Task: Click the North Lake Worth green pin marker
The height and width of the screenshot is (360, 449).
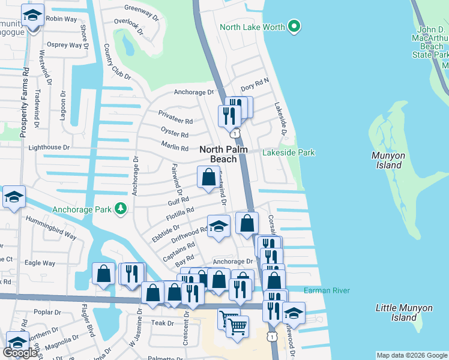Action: point(294,27)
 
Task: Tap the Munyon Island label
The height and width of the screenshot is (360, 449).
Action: point(388,160)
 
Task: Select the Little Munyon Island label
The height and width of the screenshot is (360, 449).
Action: point(403,313)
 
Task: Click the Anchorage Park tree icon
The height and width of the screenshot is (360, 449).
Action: point(122,208)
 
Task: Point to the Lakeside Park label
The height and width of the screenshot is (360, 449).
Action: point(288,152)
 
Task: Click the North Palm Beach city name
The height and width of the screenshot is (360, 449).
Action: point(223,154)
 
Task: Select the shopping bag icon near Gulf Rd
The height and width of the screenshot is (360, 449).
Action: point(208,178)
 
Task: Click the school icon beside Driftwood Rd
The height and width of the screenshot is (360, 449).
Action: point(218,227)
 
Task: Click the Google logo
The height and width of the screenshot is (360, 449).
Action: point(20,353)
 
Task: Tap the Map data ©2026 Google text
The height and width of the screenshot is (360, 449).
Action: point(411,355)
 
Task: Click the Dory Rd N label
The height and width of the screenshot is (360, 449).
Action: point(255,88)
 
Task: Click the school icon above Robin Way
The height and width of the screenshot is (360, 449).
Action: point(32,14)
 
